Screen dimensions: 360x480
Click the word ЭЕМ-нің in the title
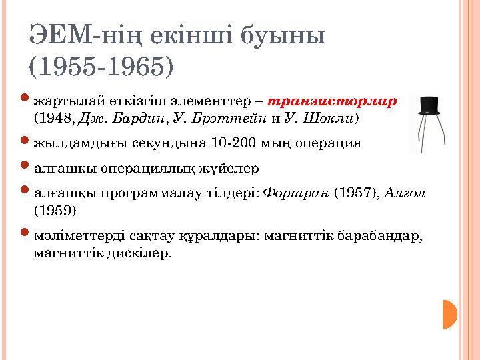81,35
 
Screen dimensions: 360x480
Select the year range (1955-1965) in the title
101,66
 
